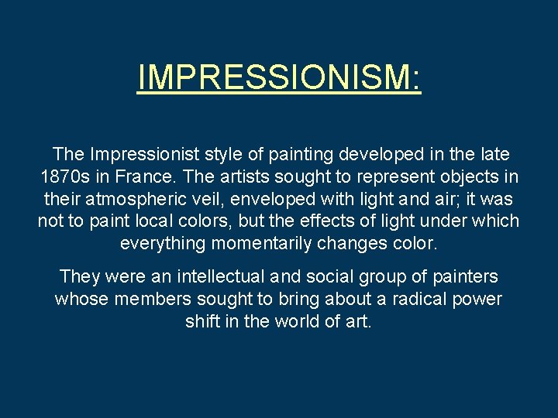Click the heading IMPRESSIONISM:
tap(279, 77)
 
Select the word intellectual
tap(220, 276)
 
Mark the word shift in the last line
tap(203, 321)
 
